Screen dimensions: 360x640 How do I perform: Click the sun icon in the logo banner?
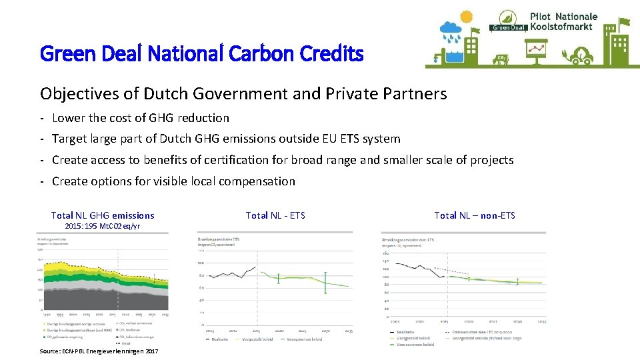(465, 16)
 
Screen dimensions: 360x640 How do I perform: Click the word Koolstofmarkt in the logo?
(563, 27)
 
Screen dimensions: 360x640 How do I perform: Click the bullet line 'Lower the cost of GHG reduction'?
(140, 118)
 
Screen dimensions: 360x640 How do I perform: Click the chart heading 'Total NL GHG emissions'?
(103, 215)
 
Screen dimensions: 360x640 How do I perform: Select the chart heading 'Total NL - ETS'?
(275, 215)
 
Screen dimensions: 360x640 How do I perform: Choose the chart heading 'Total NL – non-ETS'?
(475, 215)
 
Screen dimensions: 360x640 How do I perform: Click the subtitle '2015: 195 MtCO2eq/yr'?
(103, 226)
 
